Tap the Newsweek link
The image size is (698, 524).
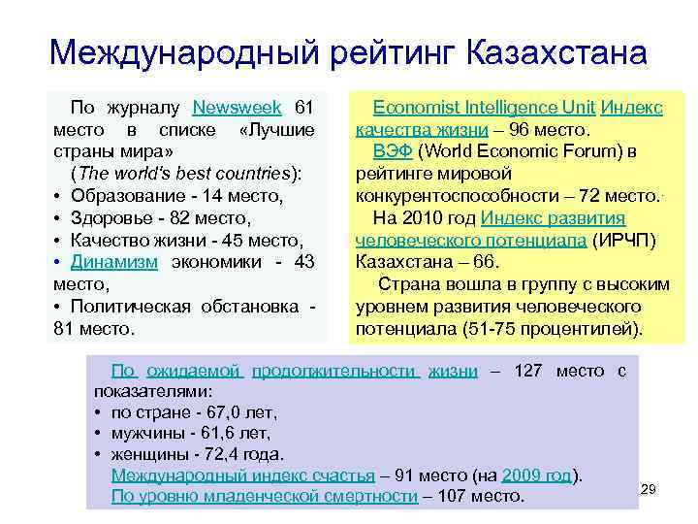[x=238, y=108]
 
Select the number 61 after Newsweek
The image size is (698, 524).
[x=304, y=108]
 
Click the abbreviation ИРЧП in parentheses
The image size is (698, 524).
[x=610, y=240]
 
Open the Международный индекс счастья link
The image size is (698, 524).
[x=242, y=475]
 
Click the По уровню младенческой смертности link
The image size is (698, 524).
[x=265, y=497]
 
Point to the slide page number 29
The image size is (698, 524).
[x=650, y=490]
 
